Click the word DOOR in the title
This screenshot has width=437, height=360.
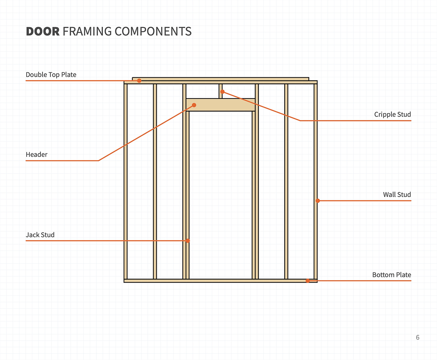43,32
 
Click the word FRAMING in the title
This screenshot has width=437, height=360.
87,32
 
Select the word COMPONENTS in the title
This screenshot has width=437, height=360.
153,32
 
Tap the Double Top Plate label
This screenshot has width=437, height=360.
51,75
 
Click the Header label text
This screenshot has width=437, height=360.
36,155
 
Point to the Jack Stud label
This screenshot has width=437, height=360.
40,235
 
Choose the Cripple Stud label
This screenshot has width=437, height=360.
392,114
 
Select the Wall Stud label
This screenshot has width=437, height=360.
397,195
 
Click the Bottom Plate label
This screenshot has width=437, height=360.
392,275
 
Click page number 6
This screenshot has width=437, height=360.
418,337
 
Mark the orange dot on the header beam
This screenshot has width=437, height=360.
194,105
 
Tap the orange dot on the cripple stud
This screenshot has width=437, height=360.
222,92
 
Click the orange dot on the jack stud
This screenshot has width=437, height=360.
188,241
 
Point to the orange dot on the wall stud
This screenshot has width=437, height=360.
318,201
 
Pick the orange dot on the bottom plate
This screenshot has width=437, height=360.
308,281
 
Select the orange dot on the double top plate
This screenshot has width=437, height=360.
139,81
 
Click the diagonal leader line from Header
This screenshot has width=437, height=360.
146,133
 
